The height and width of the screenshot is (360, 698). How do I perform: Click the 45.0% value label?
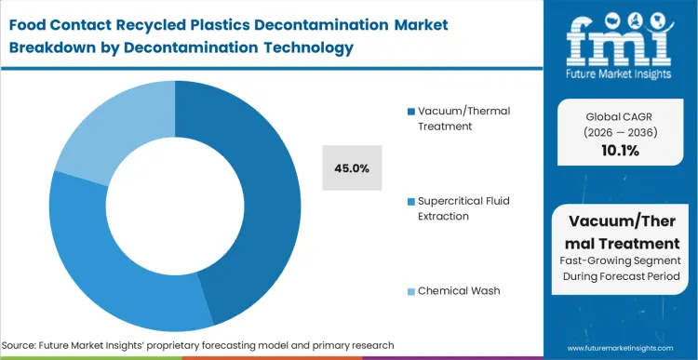click(x=352, y=168)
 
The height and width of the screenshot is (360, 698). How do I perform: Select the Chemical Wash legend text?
click(x=458, y=290)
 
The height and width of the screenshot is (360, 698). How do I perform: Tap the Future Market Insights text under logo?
click(x=621, y=73)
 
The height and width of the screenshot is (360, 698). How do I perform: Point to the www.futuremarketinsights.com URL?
click(x=622, y=345)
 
